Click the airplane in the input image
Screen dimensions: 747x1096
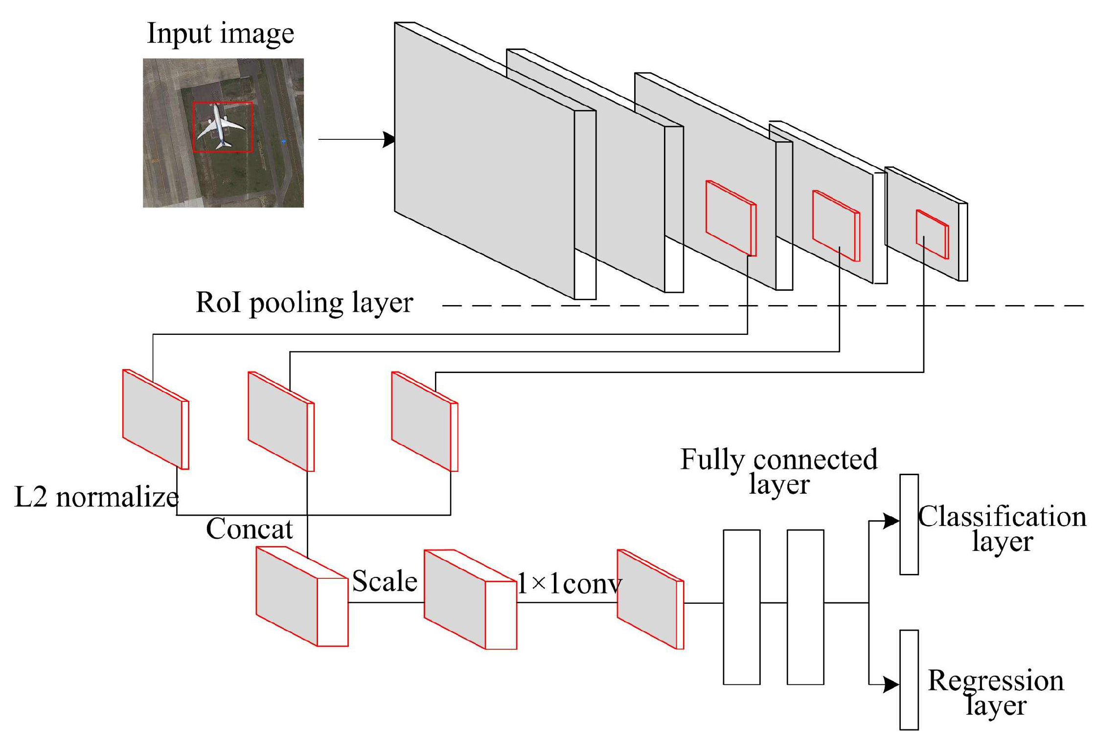219,125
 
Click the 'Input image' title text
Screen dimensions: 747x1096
220,33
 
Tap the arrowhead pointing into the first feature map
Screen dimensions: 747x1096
389,139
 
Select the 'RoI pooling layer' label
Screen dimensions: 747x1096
304,303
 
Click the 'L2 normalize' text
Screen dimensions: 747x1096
96,497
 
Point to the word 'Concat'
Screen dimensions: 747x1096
249,529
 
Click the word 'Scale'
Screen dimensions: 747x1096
385,581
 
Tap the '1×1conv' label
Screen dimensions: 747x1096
569,584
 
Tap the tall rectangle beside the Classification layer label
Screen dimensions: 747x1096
909,524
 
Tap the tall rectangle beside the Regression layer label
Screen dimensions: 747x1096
909,680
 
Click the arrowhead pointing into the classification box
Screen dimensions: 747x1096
892,521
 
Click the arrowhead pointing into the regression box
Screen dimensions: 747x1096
892,684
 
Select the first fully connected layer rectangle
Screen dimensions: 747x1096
741,607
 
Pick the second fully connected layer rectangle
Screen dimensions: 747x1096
805,607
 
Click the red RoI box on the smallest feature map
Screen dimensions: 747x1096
932,234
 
